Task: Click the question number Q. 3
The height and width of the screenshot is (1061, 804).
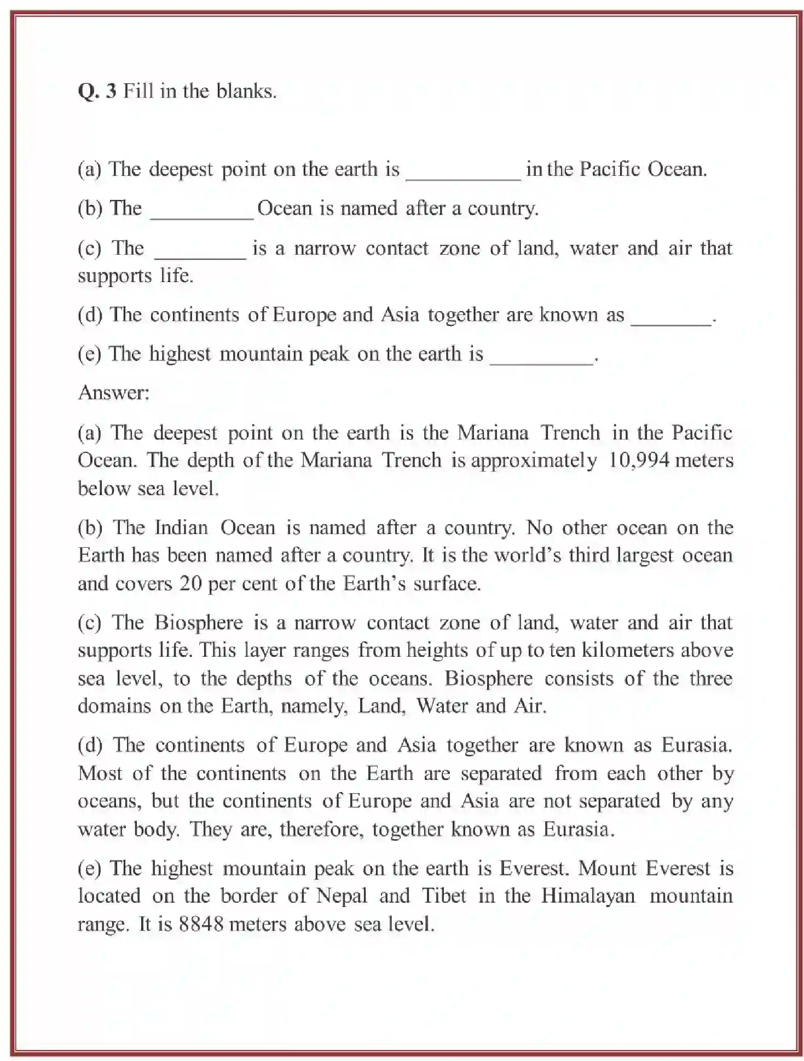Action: click(x=97, y=91)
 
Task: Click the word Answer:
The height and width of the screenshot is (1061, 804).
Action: click(x=114, y=393)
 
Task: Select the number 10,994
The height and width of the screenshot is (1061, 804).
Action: click(x=639, y=460)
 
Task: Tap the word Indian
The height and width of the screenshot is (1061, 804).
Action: click(x=181, y=527)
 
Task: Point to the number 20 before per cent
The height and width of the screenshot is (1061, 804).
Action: click(x=191, y=583)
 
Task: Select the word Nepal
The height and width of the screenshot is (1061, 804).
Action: click(x=342, y=896)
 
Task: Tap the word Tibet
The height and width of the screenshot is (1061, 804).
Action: click(x=444, y=896)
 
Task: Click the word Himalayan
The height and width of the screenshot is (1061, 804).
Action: click(x=588, y=896)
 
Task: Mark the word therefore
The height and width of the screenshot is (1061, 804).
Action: click(x=321, y=829)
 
